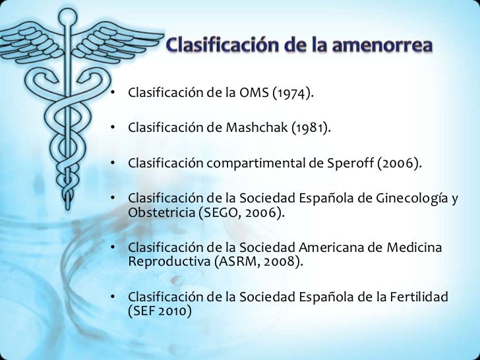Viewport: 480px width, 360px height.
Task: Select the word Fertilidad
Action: coord(417,297)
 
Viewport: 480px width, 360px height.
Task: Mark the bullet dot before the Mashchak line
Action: coord(113,127)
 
